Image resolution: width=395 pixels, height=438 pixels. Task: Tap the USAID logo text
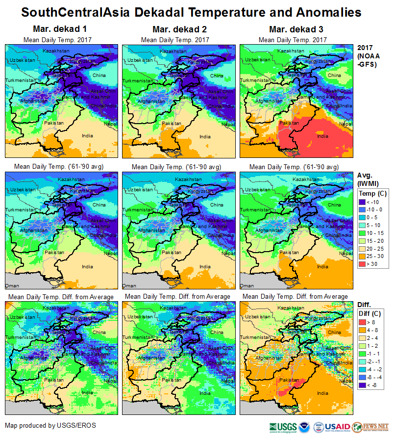coord(337,426)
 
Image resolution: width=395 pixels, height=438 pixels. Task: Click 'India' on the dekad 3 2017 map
coord(322,136)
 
